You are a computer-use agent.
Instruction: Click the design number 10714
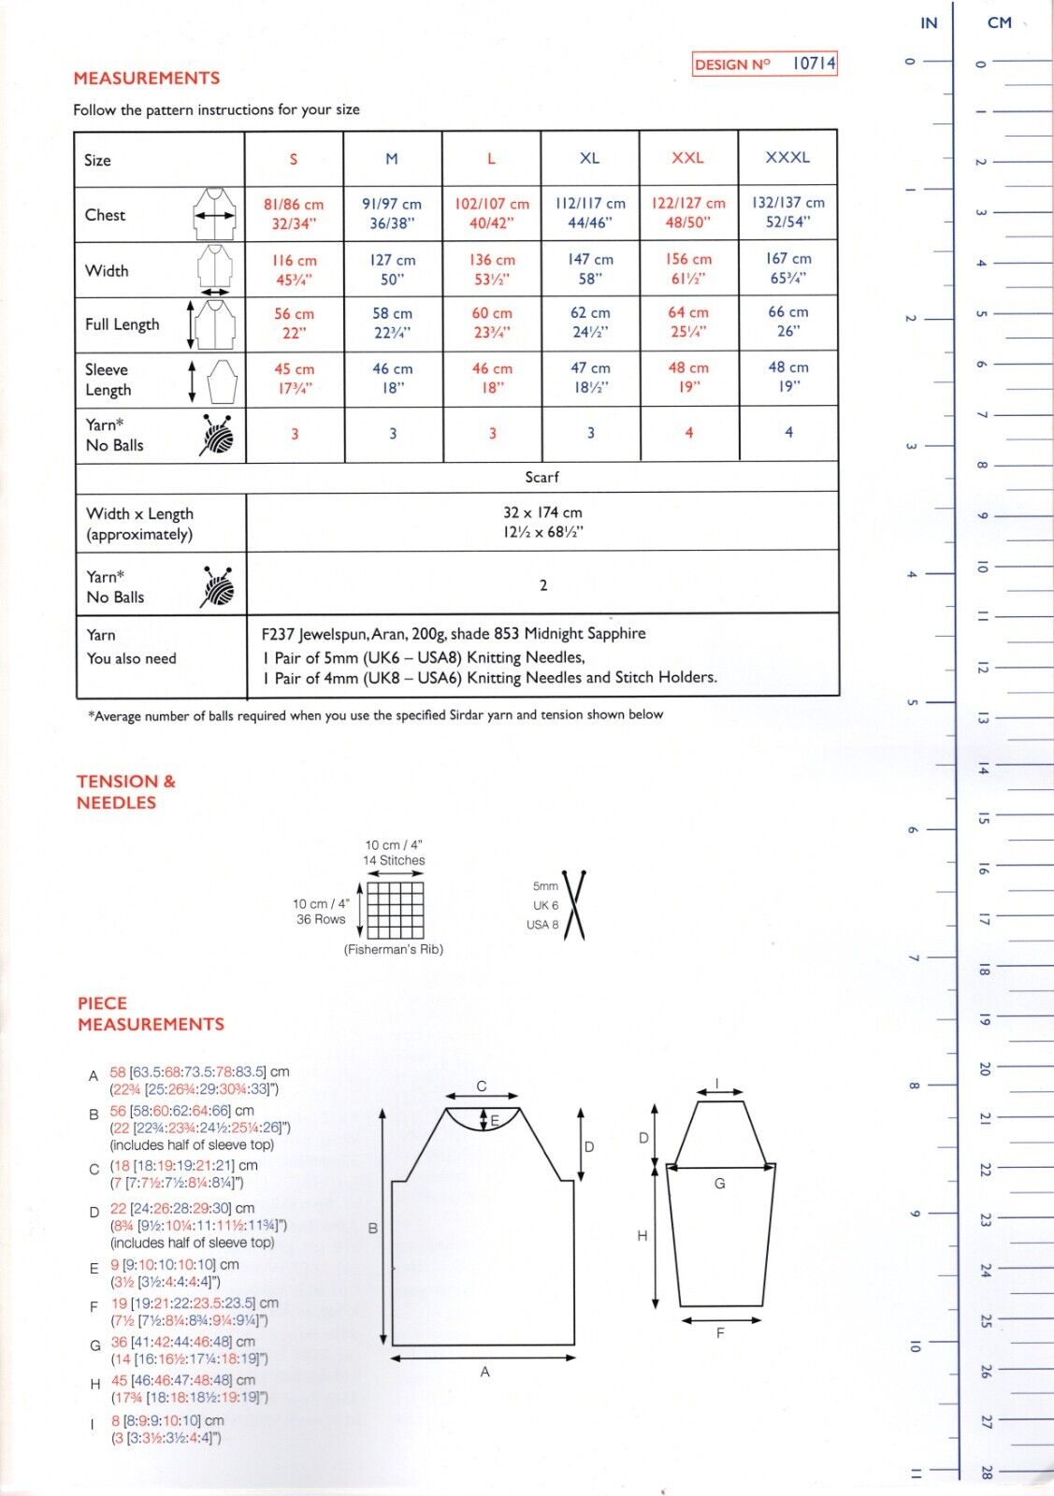pos(813,64)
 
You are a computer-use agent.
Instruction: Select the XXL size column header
pos(687,158)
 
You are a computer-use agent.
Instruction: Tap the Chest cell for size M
pos(392,213)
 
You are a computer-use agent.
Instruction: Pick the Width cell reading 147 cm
pos(590,269)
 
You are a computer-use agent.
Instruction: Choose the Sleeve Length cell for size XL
pos(590,378)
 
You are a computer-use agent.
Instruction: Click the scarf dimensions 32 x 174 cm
pos(542,513)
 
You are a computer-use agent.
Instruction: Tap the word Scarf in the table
pos(541,477)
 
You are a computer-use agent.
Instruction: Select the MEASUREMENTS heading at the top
pos(147,79)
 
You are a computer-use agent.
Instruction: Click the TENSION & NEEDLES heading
pos(126,792)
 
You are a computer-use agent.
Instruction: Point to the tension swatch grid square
pos(395,910)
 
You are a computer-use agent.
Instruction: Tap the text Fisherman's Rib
pos(394,949)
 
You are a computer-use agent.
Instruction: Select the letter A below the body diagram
pos(484,1372)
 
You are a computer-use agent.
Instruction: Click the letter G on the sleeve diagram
pos(719,1183)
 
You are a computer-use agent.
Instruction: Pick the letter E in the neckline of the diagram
pos(495,1120)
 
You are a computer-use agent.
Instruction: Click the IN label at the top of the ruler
pos(929,22)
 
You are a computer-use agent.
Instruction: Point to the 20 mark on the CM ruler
pos(984,1068)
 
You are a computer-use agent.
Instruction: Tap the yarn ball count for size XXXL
pos(788,432)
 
